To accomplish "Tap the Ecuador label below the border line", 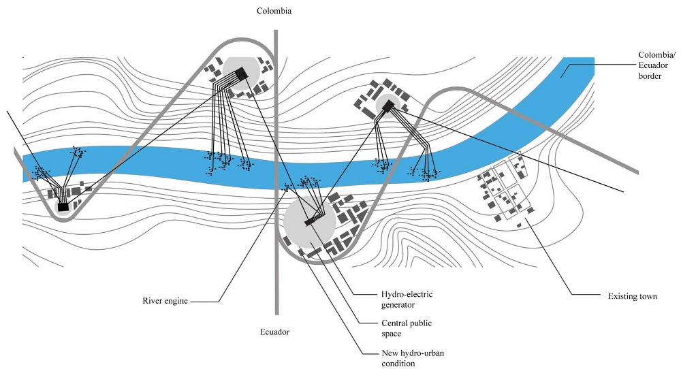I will (274, 332).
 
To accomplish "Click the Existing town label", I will (633, 296).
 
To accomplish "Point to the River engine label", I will (165, 300).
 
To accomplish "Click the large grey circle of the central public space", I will (300, 231).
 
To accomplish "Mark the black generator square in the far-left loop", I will (63, 206).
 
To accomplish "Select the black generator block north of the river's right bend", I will (388, 106).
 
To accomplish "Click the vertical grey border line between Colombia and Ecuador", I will (276, 136).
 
